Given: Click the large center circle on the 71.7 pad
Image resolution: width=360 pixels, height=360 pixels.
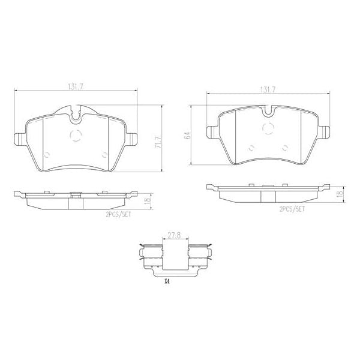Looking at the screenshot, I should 75,135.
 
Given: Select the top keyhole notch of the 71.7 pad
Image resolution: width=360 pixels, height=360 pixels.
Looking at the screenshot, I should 75,112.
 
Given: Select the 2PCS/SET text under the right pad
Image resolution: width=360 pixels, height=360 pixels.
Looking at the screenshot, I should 292,210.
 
